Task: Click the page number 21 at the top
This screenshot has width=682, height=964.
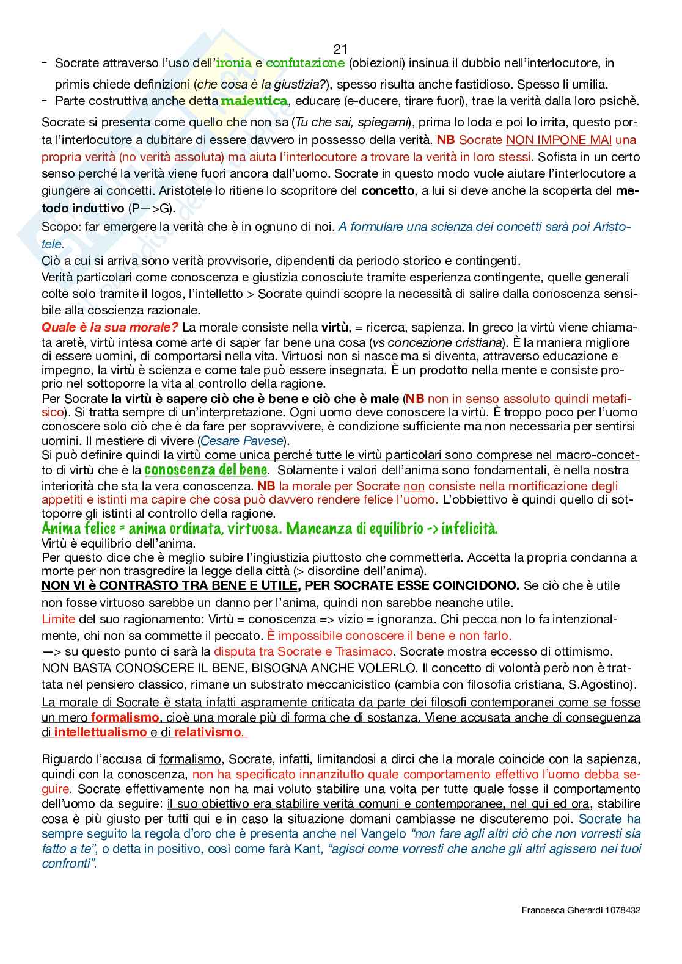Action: [x=341, y=49]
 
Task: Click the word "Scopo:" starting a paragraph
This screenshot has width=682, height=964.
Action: [x=59, y=227]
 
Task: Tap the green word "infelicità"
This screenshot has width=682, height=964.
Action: [x=469, y=529]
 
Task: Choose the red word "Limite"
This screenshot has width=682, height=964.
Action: [x=59, y=619]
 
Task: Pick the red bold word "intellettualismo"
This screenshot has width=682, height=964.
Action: [x=100, y=732]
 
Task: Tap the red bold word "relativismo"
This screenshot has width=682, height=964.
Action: [x=208, y=732]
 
